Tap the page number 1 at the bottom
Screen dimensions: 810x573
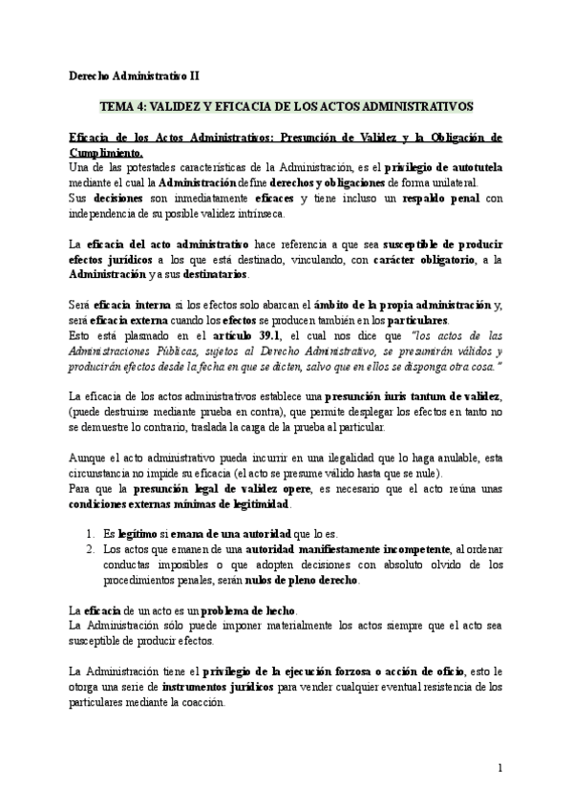499,767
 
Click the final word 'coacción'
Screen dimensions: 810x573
200,701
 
